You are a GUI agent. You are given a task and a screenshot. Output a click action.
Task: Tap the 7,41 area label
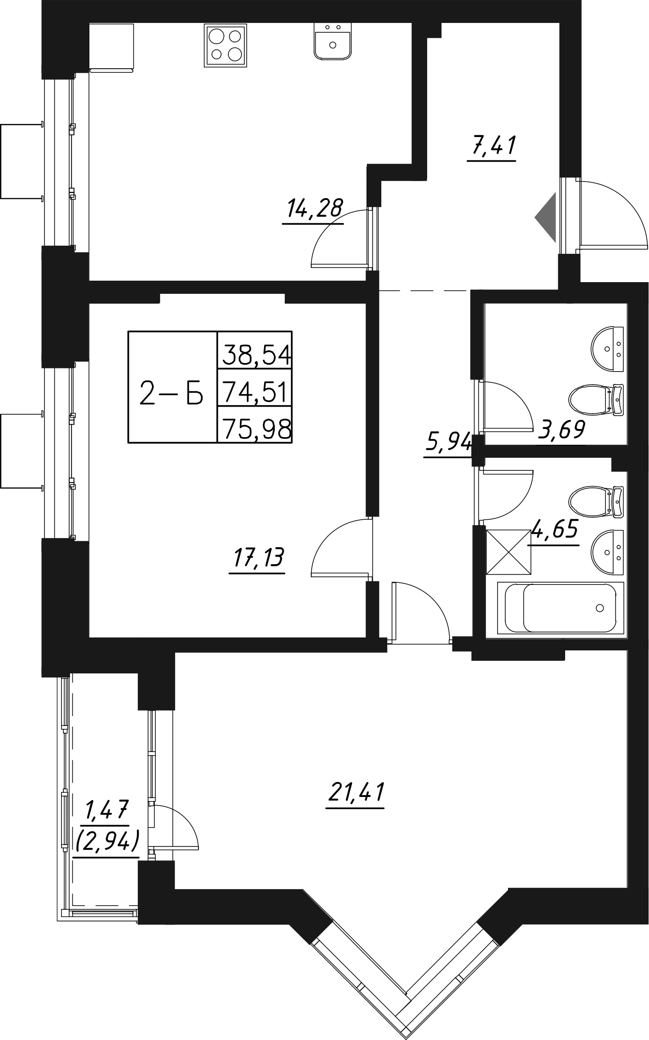[492, 146]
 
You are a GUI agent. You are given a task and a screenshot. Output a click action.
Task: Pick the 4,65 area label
[554, 530]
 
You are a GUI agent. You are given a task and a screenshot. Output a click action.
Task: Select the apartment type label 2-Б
[172, 391]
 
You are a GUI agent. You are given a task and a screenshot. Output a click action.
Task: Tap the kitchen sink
[332, 40]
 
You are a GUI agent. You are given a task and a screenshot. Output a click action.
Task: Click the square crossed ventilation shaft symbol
[508, 551]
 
